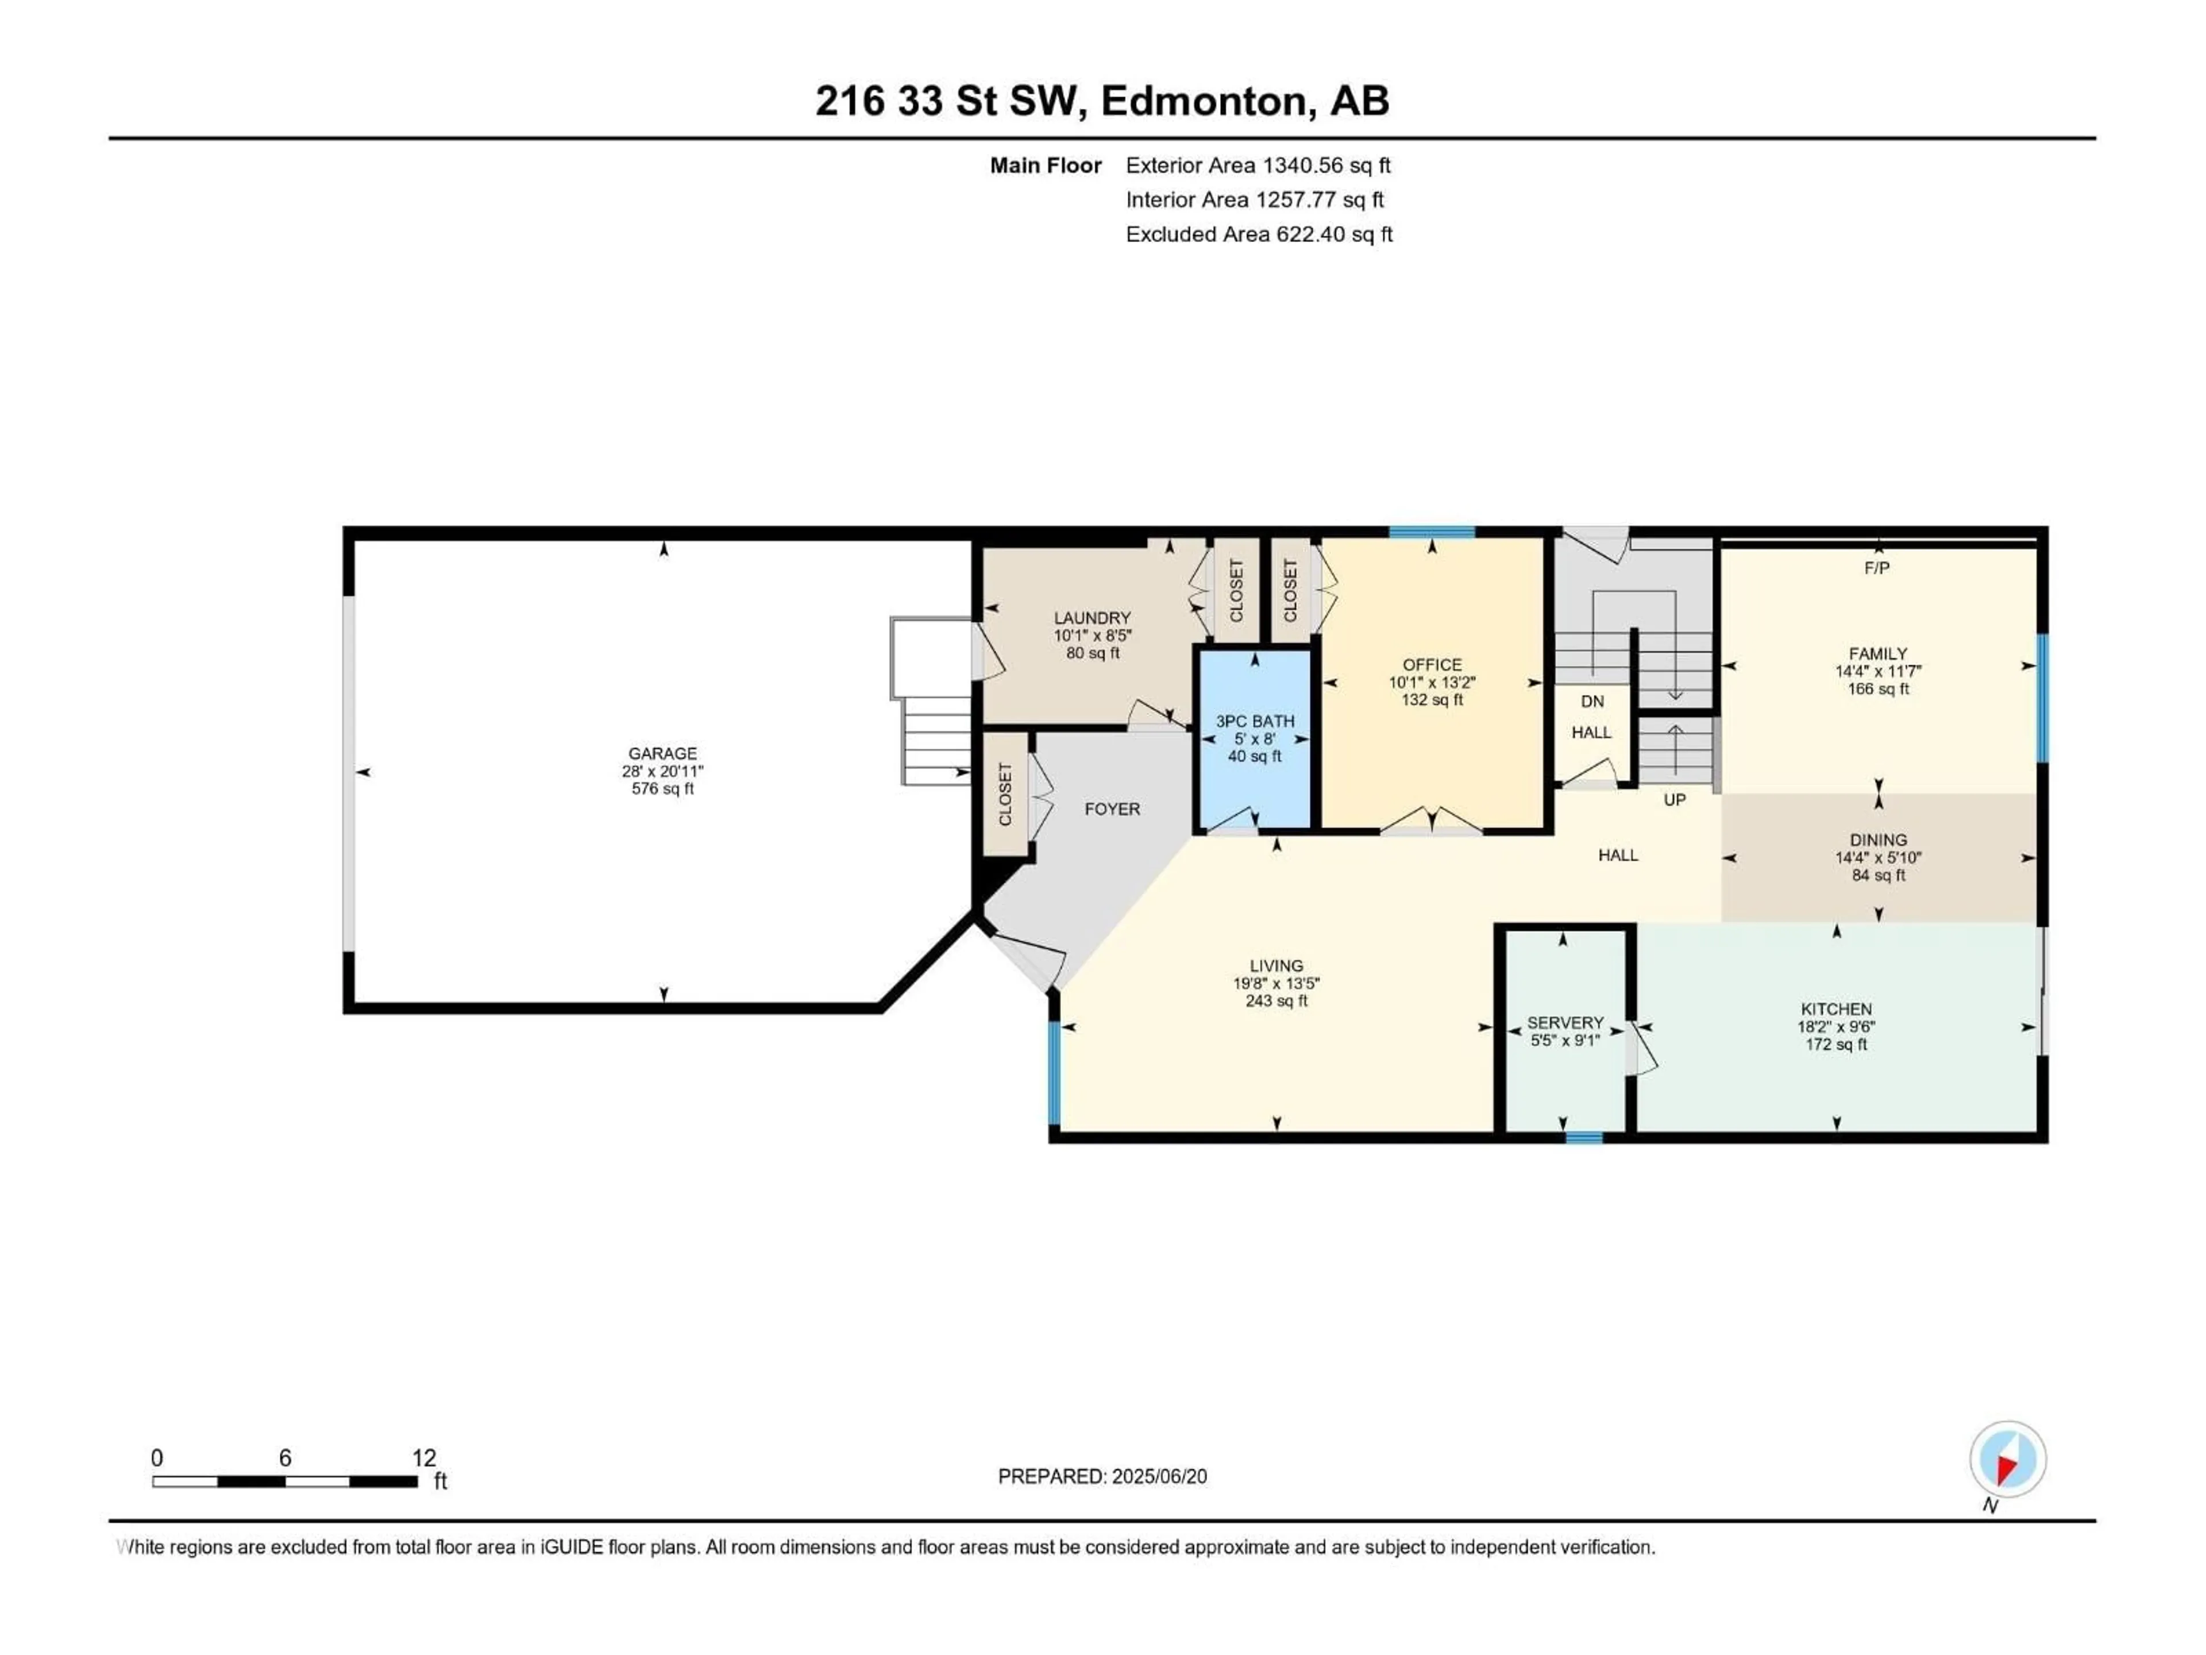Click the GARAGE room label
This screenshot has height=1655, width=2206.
point(662,753)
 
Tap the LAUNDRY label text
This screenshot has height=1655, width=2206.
point(1092,618)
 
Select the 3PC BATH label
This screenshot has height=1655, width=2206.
point(1255,720)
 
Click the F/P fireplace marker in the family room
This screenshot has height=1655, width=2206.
point(1876,568)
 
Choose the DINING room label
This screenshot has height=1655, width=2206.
point(1878,840)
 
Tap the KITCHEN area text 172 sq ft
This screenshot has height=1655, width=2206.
point(1836,1045)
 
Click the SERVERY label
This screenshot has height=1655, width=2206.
point(1565,1022)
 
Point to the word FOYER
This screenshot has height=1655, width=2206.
point(1112,809)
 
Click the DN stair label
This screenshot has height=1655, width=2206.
point(1592,701)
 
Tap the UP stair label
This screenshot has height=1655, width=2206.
point(1675,800)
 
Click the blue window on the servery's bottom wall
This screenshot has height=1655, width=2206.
point(1584,1137)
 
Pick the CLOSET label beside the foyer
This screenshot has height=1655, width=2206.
point(1005,794)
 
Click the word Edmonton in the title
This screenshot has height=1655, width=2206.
point(1203,101)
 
